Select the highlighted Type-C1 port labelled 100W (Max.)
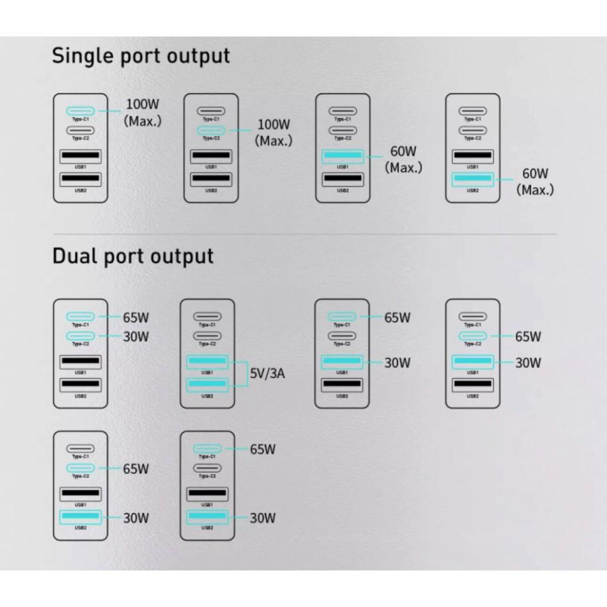(x=81, y=111)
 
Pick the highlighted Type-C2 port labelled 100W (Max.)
(x=211, y=130)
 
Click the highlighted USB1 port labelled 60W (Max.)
(x=342, y=157)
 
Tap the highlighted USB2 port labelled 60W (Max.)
(x=472, y=179)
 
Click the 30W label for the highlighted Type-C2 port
(x=136, y=336)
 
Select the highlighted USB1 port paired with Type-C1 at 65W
(x=342, y=362)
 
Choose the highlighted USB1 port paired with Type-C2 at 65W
(x=472, y=362)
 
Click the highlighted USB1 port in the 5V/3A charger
(x=207, y=362)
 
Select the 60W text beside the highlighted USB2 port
(x=535, y=174)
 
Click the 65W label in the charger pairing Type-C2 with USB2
(x=136, y=469)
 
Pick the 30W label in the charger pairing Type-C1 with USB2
(x=262, y=517)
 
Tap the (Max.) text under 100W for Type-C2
(x=273, y=141)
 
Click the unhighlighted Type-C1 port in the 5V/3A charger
(x=207, y=317)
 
